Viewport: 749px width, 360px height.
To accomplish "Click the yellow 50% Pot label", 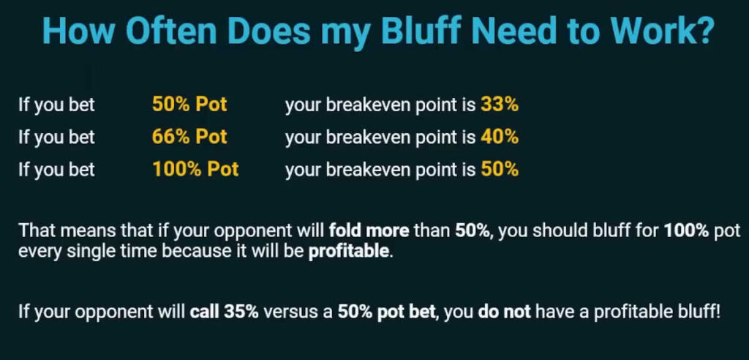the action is [189, 105].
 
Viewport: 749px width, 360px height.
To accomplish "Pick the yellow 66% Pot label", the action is [189, 138].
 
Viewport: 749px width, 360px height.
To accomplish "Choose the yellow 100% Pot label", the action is [195, 169].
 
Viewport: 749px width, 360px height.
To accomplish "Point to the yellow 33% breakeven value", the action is [500, 105].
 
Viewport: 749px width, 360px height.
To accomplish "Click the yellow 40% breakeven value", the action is [500, 138].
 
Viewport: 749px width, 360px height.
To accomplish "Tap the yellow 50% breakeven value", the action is [500, 169].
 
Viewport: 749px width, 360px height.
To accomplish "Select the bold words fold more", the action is [369, 231].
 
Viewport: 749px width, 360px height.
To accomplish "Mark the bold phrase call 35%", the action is [224, 312].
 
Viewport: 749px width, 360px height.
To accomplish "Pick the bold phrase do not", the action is [504, 312].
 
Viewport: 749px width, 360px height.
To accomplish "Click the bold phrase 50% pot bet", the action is [386, 312].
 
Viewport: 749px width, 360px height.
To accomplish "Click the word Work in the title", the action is [651, 30].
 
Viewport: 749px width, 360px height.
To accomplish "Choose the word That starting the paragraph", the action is [35, 231].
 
